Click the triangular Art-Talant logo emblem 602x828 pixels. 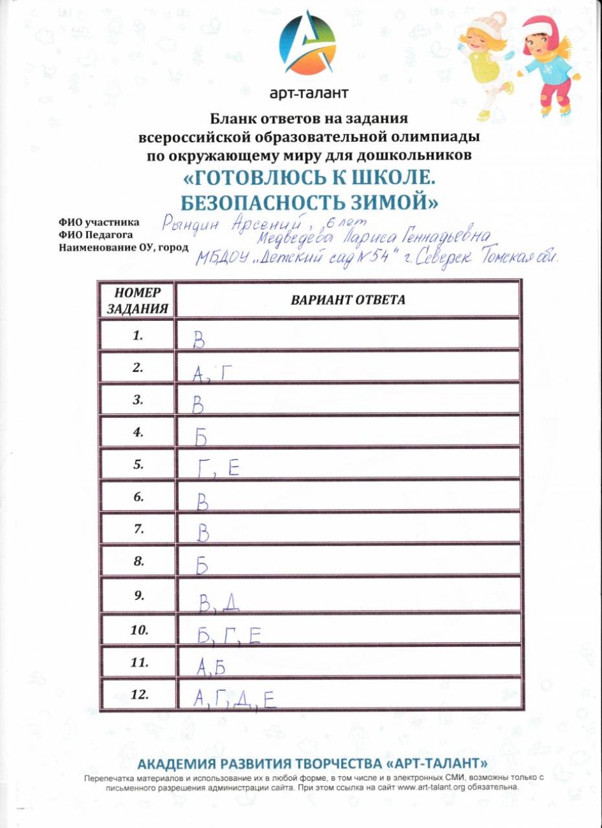click(307, 43)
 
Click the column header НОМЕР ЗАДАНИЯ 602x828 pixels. click(137, 300)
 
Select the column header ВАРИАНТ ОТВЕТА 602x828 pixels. click(348, 300)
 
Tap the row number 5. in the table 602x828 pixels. click(138, 464)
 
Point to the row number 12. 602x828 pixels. click(139, 694)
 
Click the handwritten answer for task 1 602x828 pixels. click(199, 341)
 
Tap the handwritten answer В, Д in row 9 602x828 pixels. click(219, 602)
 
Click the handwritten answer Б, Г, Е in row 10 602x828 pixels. click(228, 635)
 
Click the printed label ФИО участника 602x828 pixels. click(99, 223)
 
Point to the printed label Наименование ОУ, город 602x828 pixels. click(124, 248)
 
